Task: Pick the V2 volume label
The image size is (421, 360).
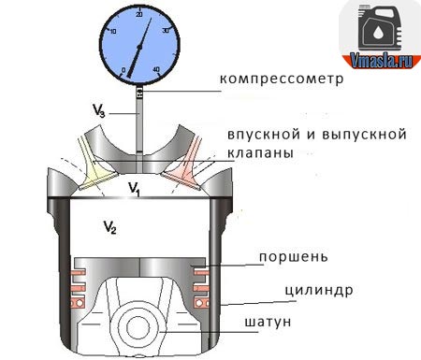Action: coord(109,227)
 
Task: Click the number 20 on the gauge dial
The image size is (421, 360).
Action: coord(139,16)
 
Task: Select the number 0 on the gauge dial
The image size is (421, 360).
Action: coord(124,70)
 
